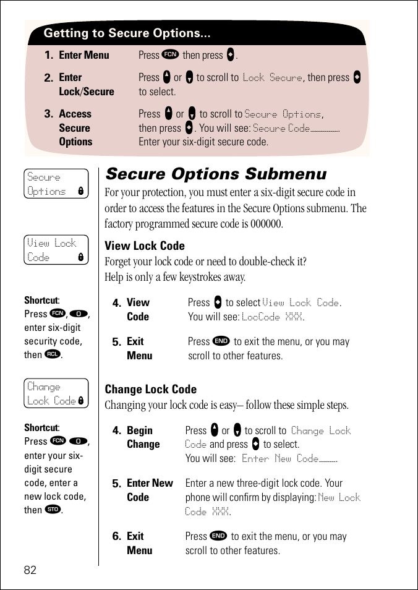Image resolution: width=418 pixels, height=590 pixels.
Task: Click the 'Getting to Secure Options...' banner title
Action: coord(127,33)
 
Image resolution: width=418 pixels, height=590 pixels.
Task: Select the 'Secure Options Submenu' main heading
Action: coord(216,174)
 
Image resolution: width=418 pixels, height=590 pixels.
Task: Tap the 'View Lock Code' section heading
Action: coord(145,246)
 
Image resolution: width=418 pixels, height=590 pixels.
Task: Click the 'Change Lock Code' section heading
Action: coord(151,389)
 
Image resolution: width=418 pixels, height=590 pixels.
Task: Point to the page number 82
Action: coord(30,570)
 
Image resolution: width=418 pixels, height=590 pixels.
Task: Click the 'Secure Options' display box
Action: coord(56,184)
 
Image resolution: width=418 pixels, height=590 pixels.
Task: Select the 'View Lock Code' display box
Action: coord(56,250)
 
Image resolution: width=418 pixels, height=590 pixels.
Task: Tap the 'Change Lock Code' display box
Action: coord(56,394)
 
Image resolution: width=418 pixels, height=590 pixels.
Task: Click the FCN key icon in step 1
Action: coord(170,54)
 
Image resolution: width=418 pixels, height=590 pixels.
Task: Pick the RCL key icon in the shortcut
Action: coord(54,354)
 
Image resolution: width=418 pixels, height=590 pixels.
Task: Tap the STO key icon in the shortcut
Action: coord(54,510)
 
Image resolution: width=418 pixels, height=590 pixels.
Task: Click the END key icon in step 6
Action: coord(218,536)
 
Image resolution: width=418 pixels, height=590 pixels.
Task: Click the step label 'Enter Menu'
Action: coord(84,55)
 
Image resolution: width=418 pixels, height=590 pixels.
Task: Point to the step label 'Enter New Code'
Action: coord(150,490)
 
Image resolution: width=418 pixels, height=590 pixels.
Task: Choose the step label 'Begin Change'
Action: coord(143,437)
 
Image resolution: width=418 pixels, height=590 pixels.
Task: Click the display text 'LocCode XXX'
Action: coord(272,317)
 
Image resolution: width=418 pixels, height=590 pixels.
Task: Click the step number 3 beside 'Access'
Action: coord(49,114)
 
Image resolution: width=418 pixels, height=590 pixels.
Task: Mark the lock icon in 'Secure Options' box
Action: coord(80,192)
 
